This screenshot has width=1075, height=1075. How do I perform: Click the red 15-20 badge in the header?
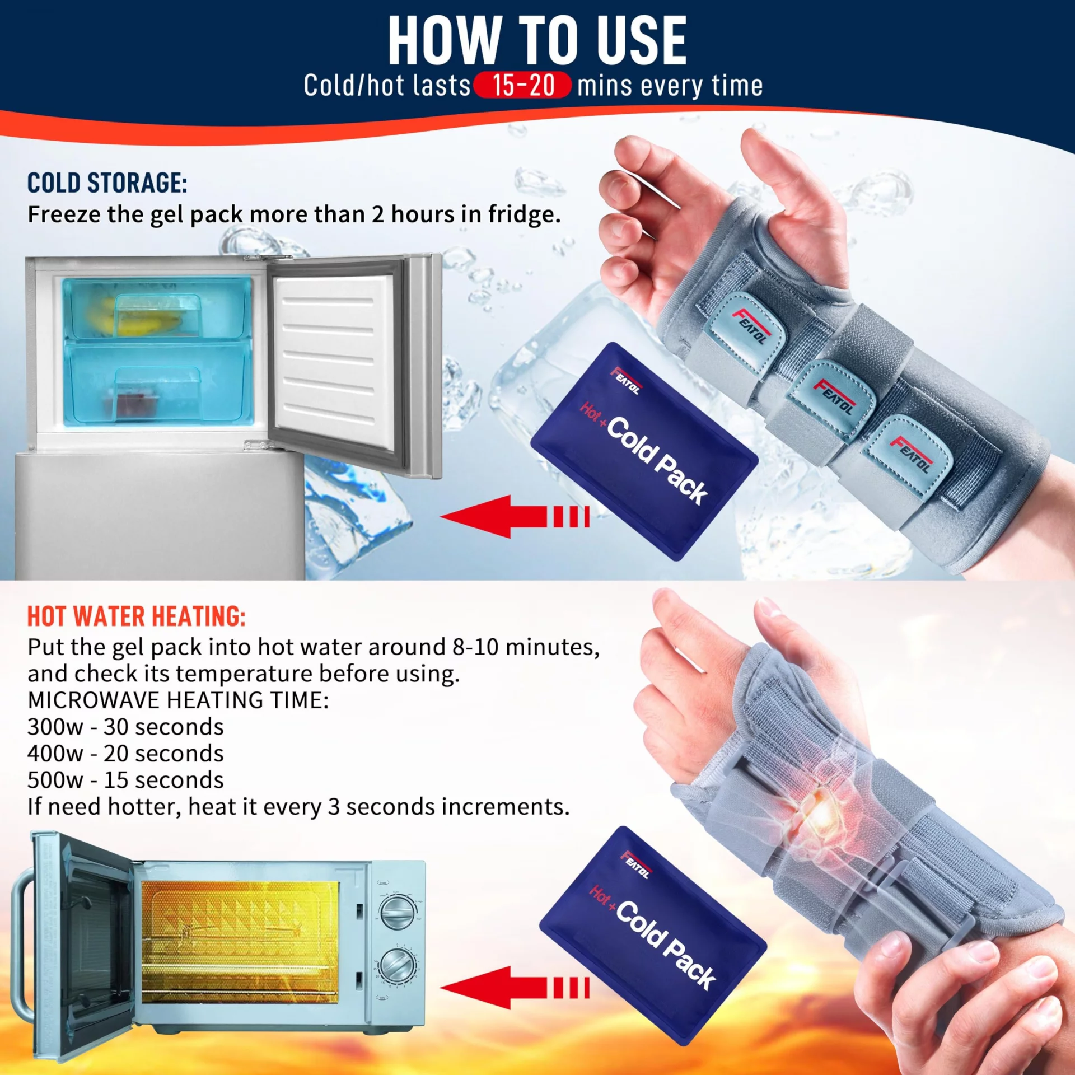point(522,85)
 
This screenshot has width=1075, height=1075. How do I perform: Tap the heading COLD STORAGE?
point(107,183)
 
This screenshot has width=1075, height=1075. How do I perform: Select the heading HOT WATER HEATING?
point(137,616)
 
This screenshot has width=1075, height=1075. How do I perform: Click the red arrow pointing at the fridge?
point(515,516)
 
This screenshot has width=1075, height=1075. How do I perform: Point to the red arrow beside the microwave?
point(515,988)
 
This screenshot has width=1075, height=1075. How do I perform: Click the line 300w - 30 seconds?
point(125,727)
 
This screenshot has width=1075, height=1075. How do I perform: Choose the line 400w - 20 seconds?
point(125,754)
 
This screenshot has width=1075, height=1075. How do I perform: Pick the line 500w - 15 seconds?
point(125,780)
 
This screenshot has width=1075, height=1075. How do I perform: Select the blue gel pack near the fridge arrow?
point(644,451)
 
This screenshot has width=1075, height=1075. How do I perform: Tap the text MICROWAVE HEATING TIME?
point(178,700)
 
